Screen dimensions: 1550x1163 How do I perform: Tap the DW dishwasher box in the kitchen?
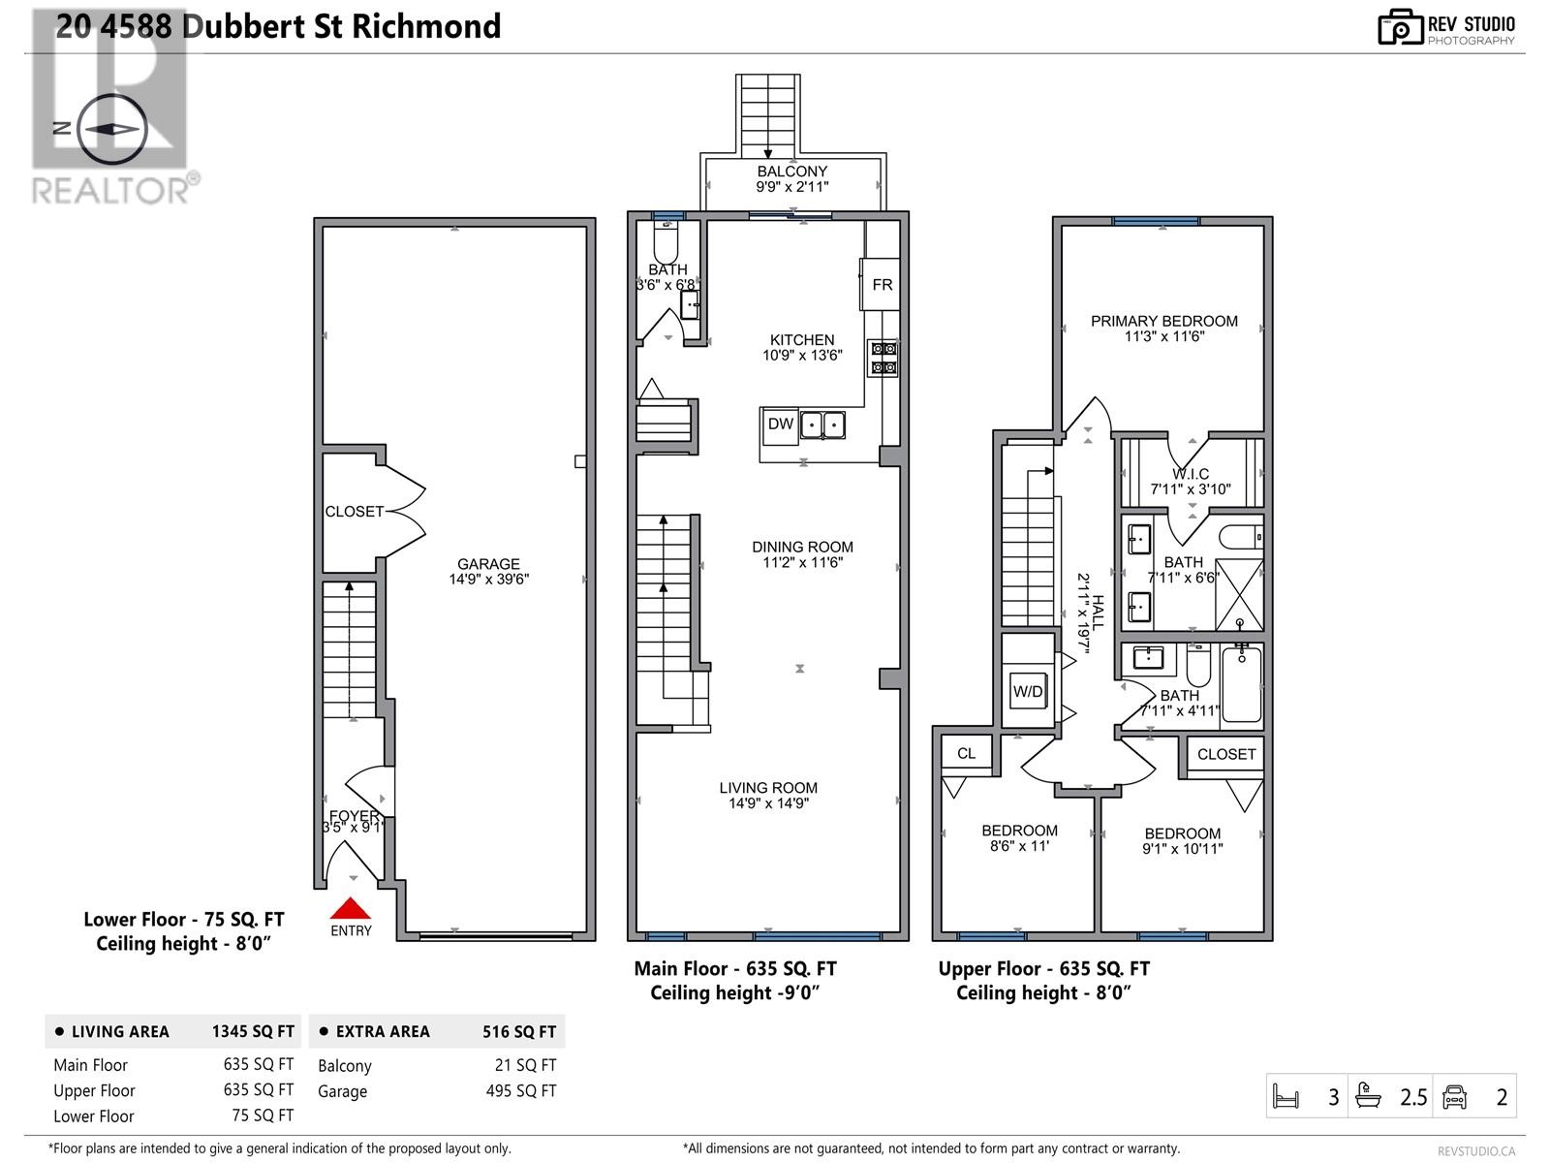click(x=780, y=425)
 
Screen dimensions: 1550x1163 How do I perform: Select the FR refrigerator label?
click(x=882, y=285)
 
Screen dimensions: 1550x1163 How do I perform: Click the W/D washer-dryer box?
click(x=1028, y=692)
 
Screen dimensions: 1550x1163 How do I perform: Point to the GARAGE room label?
click(x=488, y=563)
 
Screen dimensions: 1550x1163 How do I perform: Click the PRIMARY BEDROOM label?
click(x=1163, y=322)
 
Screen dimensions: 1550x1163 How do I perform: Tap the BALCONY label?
click(x=791, y=171)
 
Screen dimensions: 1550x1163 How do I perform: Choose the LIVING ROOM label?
click(x=768, y=787)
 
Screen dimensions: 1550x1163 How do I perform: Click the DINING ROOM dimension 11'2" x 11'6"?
click(x=802, y=563)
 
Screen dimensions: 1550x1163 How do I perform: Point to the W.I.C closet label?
click(x=1191, y=474)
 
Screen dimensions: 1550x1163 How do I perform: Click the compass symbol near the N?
click(x=111, y=129)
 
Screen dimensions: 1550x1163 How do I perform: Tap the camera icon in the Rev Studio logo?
click(x=1400, y=27)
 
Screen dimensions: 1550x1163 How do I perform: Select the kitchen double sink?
click(x=821, y=425)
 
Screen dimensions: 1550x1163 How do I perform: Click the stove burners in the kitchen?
click(x=883, y=358)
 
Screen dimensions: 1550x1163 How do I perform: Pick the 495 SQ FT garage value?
click(x=520, y=1091)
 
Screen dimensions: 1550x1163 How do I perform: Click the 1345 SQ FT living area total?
click(x=253, y=1031)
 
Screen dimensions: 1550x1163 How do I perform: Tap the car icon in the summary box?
click(x=1454, y=1097)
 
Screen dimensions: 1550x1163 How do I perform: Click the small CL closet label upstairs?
click(x=966, y=753)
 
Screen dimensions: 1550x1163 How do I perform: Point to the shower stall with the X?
click(x=1239, y=594)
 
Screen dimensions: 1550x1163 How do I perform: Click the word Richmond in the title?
click(x=426, y=27)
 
